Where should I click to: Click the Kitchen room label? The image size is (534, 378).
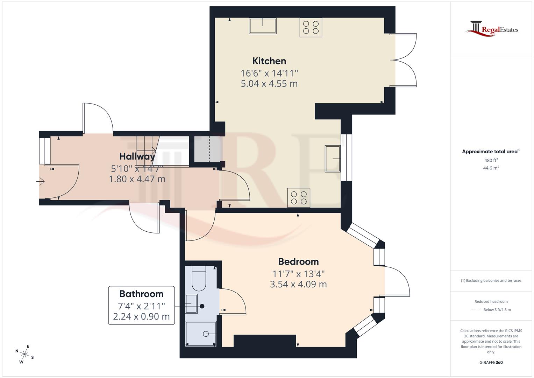269,61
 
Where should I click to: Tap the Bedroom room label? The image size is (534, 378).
298,261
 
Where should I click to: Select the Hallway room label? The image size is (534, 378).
137,156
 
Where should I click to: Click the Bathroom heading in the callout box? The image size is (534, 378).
141,294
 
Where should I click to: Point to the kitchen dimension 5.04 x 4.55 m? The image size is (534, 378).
269,84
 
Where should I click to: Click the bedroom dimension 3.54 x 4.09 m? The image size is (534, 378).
298,284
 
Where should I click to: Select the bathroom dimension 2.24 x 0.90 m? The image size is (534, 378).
141,316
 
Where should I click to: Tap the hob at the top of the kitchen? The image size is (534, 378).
311,27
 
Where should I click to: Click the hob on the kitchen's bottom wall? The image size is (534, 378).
299,198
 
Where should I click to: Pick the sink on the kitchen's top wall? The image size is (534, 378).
263,26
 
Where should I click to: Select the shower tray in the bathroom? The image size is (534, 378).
201,334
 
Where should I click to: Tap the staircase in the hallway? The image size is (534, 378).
147,150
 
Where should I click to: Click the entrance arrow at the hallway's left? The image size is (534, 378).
41,182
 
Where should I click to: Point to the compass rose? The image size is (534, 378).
24,354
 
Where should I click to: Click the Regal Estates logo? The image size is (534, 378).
492,29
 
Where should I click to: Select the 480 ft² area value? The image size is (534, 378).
491,160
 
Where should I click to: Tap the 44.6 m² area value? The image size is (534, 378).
491,168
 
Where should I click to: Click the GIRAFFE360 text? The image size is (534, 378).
491,362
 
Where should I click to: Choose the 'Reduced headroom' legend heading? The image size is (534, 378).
491,301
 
